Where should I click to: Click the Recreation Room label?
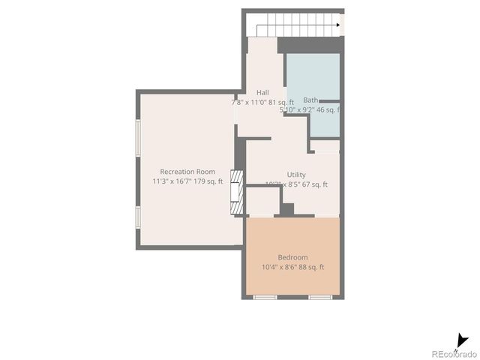[187, 172]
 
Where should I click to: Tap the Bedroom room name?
[292, 257]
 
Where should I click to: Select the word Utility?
[296, 175]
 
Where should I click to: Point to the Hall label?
[262, 92]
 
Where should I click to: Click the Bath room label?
[310, 100]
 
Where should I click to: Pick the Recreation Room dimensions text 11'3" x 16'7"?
[172, 181]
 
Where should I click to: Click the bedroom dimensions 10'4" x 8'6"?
[279, 267]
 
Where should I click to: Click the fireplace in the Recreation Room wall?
[237, 193]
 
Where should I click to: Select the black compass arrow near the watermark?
[461, 341]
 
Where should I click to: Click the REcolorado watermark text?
[453, 353]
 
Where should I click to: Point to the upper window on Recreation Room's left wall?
[137, 137]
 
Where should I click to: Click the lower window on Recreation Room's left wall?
[137, 216]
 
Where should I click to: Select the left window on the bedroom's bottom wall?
[265, 298]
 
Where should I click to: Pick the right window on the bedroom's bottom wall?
[320, 298]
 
